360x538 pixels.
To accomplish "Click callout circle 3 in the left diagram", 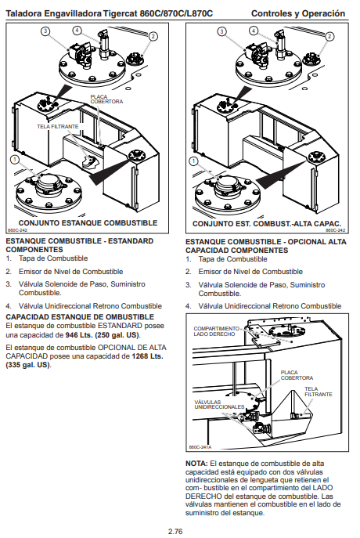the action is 45,31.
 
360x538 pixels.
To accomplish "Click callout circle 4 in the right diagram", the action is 254,31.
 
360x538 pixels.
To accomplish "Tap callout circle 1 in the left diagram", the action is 14,160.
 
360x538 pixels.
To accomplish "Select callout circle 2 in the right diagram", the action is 329,36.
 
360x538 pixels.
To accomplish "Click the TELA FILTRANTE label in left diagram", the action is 58,127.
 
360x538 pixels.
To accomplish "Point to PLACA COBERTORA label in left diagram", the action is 106,99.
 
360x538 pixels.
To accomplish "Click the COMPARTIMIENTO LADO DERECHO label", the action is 216,331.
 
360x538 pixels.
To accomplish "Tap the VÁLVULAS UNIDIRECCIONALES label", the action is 219,405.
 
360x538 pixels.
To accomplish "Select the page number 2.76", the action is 175,532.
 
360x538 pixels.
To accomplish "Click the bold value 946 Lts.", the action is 78,335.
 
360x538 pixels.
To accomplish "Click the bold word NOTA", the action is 196,463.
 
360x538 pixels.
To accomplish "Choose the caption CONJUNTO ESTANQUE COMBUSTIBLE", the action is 88,223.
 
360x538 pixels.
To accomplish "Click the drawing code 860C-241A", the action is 200,447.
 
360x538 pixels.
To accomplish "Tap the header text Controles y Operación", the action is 298,13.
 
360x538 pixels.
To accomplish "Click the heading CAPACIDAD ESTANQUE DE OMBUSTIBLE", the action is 80,316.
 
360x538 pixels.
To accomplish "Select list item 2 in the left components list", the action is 64,272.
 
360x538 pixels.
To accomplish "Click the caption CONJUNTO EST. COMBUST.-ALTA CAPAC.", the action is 267,224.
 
